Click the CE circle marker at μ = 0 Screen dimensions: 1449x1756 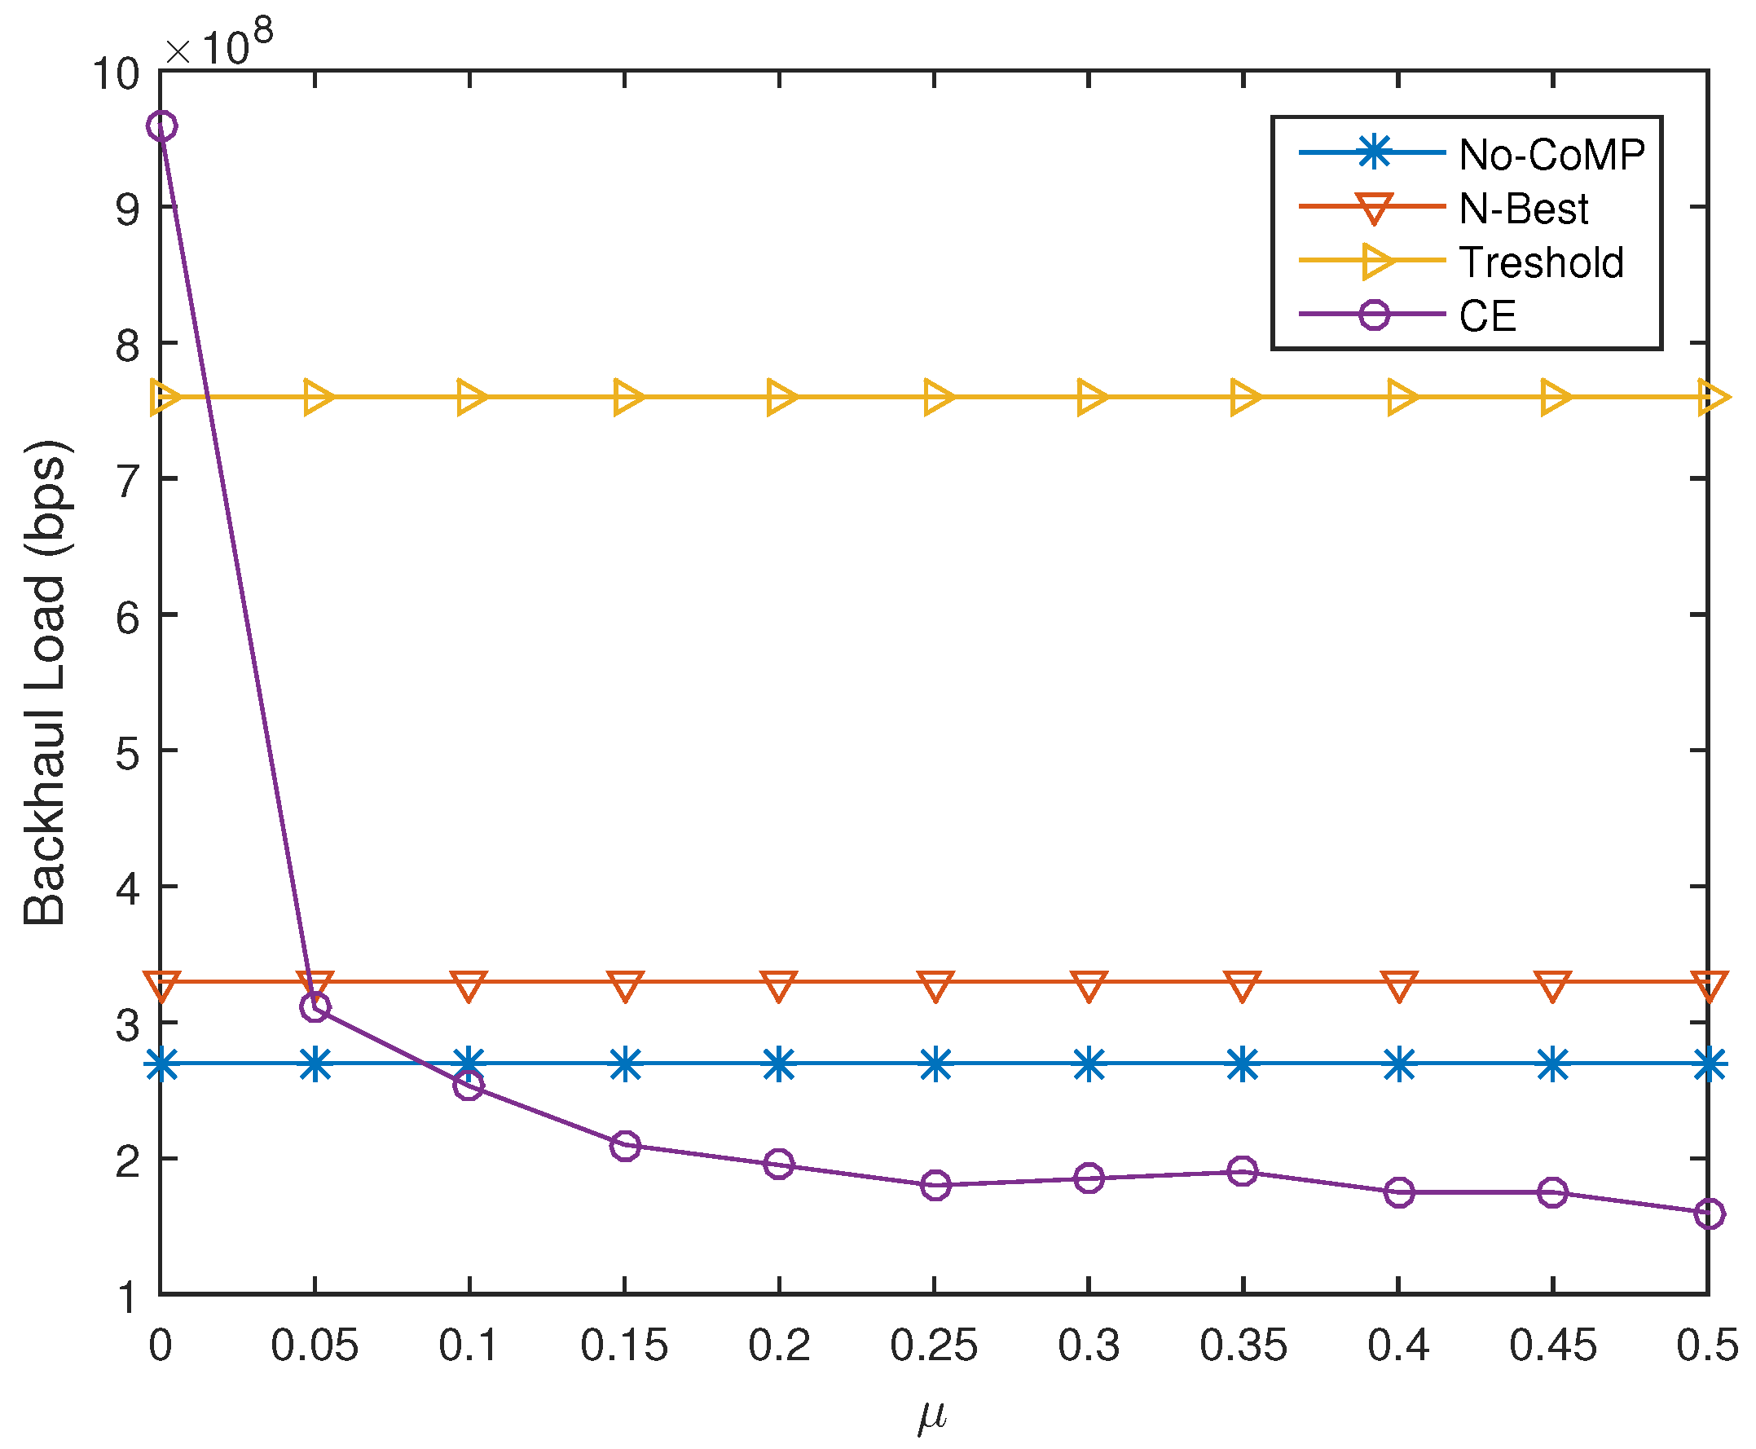pyautogui.click(x=161, y=126)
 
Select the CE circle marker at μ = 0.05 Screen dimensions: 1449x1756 pyautogui.click(x=315, y=1006)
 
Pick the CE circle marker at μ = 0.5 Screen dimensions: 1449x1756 pyautogui.click(x=1709, y=1213)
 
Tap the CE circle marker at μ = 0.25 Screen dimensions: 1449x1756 pyautogui.click(x=935, y=1185)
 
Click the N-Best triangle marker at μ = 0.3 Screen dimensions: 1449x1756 pyautogui.click(x=1089, y=986)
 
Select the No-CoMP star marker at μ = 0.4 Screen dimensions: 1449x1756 pyautogui.click(x=1399, y=1064)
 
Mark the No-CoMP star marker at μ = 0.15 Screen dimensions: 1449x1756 pyautogui.click(x=625, y=1064)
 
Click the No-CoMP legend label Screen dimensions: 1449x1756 pyautogui.click(x=1551, y=154)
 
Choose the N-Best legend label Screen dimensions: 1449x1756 pyautogui.click(x=1523, y=209)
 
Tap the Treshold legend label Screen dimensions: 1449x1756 pyautogui.click(x=1541, y=262)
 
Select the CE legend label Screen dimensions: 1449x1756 pyautogui.click(x=1487, y=316)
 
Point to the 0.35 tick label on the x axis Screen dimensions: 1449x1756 pyautogui.click(x=1243, y=1345)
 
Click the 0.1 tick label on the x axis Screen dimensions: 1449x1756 pyautogui.click(x=469, y=1345)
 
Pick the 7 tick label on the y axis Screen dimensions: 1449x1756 pyautogui.click(x=127, y=480)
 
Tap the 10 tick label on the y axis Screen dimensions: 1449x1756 pyautogui.click(x=115, y=73)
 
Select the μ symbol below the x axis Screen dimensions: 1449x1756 pyautogui.click(x=932, y=1414)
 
